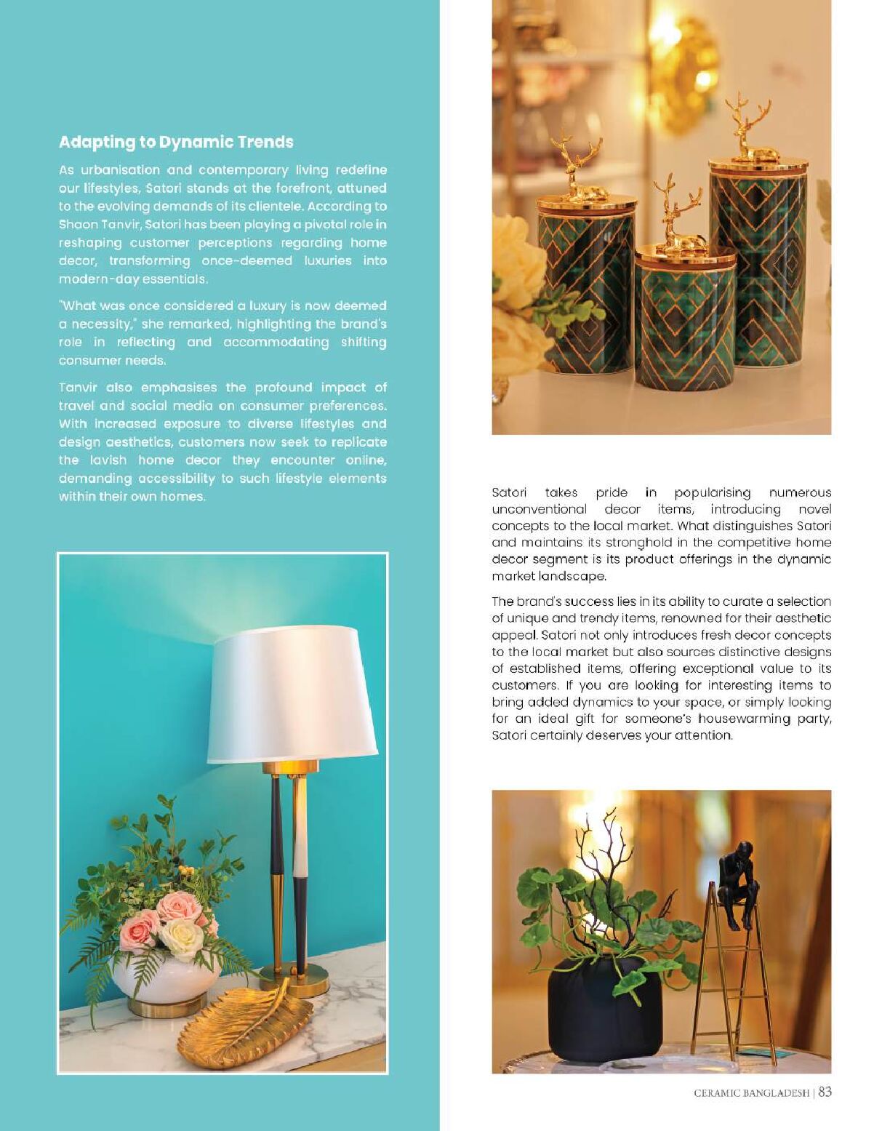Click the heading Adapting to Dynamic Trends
click(176, 142)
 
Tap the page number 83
click(825, 1092)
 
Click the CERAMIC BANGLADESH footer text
click(751, 1092)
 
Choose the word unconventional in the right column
click(539, 509)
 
